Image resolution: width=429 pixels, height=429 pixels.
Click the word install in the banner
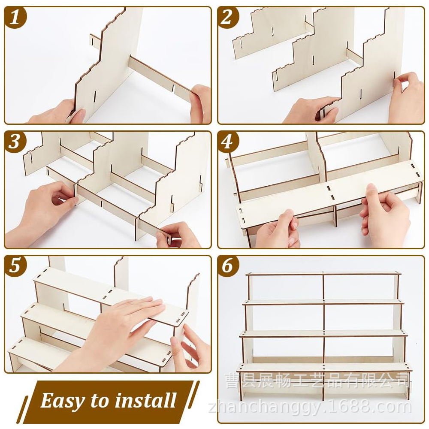[x=145, y=400]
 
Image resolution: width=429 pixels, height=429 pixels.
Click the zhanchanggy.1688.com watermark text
[x=310, y=408]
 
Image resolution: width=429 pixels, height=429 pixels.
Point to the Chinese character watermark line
[x=318, y=381]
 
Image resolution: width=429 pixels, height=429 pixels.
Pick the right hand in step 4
[x=383, y=216]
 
